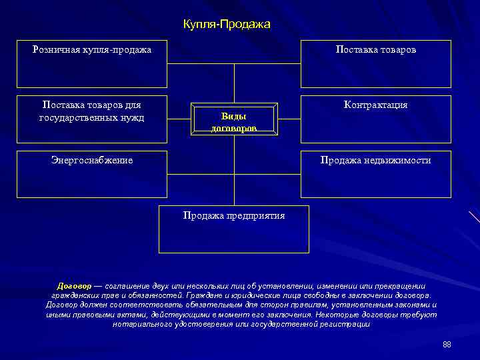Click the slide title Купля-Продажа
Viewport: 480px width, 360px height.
[x=227, y=25]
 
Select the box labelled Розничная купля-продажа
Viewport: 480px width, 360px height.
[x=92, y=65]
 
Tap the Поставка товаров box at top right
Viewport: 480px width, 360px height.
[x=376, y=65]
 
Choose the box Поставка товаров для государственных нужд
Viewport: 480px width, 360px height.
[x=92, y=119]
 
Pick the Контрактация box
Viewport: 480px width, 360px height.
[x=376, y=119]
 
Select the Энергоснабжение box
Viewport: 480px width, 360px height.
[x=92, y=175]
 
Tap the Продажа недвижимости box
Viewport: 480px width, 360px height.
[x=376, y=175]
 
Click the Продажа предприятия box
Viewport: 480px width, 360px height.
[x=234, y=229]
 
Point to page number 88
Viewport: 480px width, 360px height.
[x=447, y=344]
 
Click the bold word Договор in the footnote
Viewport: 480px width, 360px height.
[x=74, y=285]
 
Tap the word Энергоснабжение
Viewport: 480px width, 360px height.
[x=92, y=160]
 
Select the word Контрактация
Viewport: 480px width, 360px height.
[x=376, y=105]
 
